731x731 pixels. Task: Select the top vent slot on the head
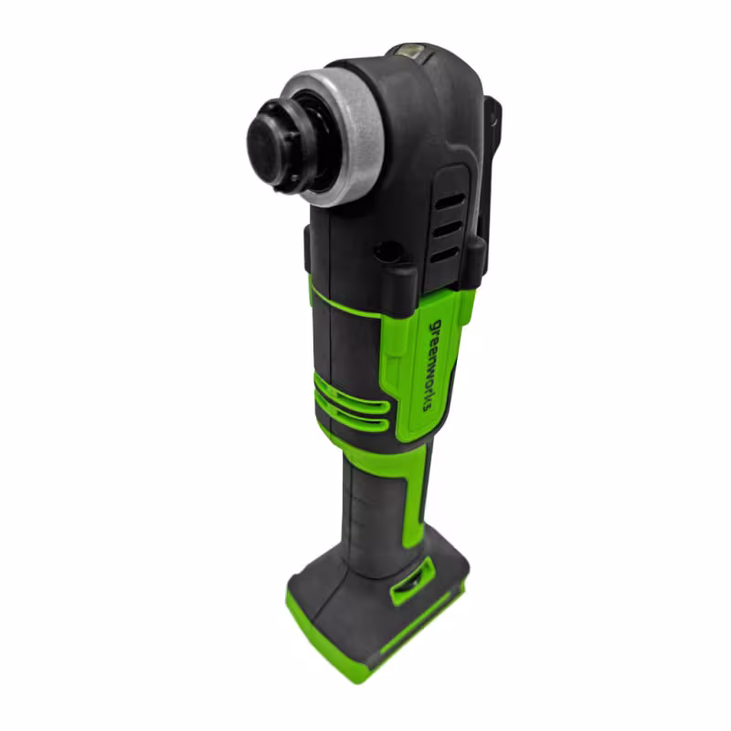coord(448,202)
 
